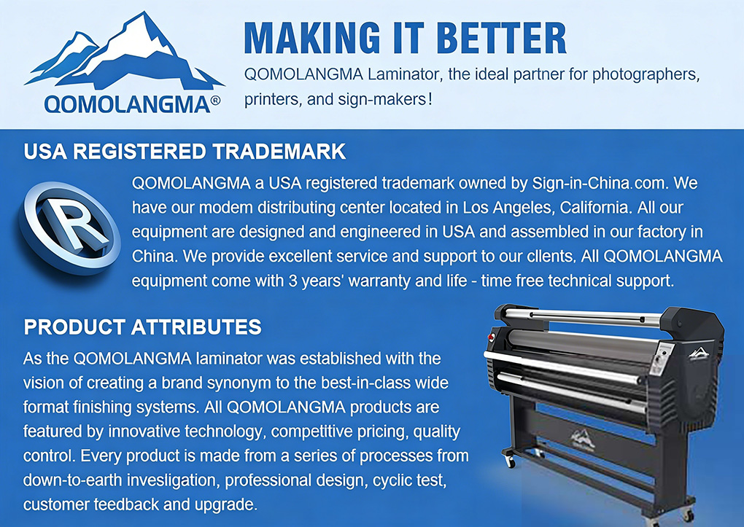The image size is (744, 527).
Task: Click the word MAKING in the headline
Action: (311, 37)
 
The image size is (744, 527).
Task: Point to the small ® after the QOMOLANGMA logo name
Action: (215, 101)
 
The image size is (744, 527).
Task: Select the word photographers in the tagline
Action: (646, 74)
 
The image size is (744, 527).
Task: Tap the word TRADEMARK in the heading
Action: (279, 152)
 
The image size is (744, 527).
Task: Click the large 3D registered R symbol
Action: (70, 227)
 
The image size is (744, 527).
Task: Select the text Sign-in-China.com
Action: (600, 183)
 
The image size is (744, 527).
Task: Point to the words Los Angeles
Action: (507, 208)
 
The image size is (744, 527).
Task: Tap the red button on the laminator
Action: (492, 337)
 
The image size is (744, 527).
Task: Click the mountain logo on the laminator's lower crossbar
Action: (583, 438)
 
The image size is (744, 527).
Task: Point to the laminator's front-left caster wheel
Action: (510, 460)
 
